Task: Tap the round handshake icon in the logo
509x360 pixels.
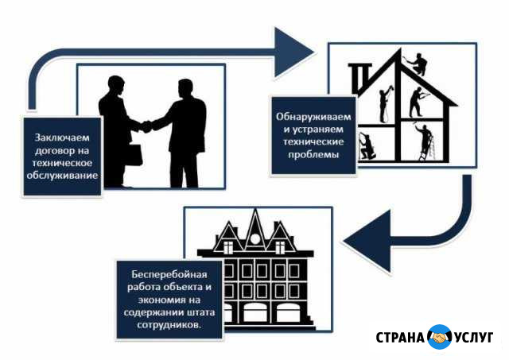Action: pyautogui.click(x=439, y=337)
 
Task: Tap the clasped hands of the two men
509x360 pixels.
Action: pyautogui.click(x=146, y=126)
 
